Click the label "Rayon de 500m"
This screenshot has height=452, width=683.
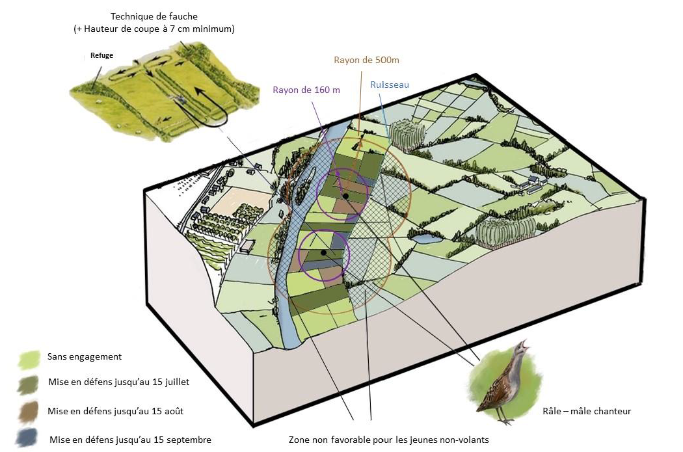(366, 60)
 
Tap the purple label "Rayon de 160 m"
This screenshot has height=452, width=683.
(306, 90)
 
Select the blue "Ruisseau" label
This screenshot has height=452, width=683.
(390, 85)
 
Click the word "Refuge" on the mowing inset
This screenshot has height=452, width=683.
(101, 56)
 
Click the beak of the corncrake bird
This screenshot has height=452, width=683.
(527, 345)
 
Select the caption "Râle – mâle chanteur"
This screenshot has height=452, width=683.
(586, 411)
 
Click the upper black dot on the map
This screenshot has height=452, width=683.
(346, 195)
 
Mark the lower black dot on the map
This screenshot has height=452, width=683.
(323, 252)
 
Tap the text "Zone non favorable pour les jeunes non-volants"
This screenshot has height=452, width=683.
(388, 440)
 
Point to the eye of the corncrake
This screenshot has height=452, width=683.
(518, 349)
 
